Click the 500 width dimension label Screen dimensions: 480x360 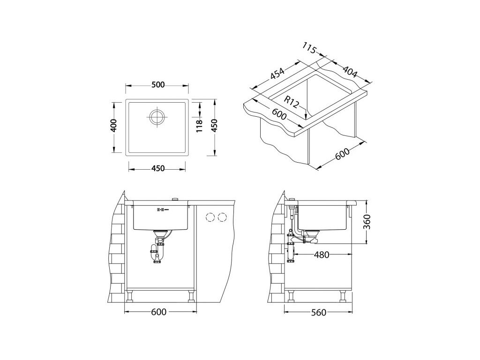tap(158, 85)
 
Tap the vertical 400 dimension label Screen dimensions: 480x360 tap(113, 125)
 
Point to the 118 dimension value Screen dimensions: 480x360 tap(199, 126)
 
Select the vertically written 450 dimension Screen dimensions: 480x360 tap(214, 125)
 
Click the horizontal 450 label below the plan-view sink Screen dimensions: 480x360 tap(158, 168)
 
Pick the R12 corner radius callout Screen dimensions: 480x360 tap(291, 102)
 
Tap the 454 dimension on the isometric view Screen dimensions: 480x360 tap(277, 75)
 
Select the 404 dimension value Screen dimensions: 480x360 tap(350, 71)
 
